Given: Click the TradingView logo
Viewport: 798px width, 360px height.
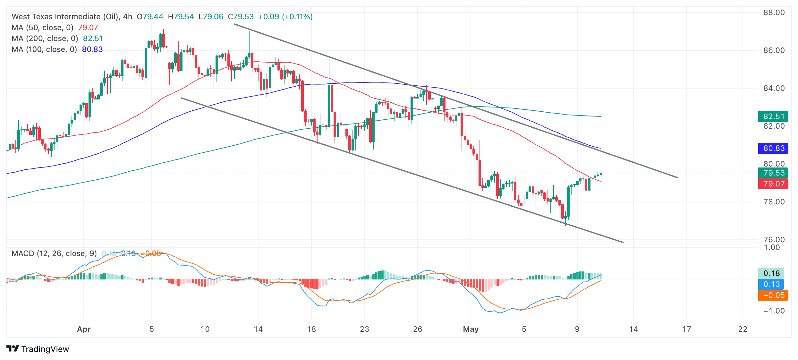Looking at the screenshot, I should point(38,349).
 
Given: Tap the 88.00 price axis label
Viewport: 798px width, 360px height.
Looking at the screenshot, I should point(774,13).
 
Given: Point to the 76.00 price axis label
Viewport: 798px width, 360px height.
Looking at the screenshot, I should point(774,239).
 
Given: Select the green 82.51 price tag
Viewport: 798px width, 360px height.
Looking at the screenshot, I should point(773,116).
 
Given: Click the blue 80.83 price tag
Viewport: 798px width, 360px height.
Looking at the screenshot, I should point(773,148).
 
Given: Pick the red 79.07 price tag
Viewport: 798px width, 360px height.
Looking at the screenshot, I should point(773,184).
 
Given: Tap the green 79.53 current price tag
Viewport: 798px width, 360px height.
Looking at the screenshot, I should point(773,173).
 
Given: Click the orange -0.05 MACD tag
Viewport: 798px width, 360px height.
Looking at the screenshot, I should point(773,295).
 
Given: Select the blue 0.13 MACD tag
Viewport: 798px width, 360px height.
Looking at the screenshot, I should point(771,284).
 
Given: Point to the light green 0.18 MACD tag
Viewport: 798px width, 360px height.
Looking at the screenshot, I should point(771,273).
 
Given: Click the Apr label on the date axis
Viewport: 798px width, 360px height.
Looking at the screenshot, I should point(84,329).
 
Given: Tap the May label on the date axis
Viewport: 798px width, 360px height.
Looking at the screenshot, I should point(471,329).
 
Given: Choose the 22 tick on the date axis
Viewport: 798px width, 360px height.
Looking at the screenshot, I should point(743,329).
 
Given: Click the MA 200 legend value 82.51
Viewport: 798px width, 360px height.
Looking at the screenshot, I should point(93,39).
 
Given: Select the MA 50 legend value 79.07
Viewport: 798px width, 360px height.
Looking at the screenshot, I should point(88,28).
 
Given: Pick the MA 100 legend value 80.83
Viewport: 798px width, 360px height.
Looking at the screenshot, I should point(92,49).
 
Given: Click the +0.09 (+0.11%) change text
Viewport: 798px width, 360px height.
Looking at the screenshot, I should point(285,17).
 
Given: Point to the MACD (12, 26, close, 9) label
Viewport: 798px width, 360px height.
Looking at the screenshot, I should point(54,253).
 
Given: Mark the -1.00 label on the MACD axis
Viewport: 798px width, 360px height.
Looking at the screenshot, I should point(774,311).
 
